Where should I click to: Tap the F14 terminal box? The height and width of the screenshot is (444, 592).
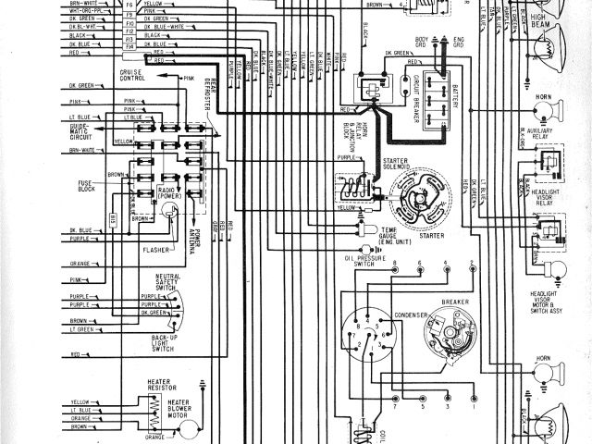click(129, 44)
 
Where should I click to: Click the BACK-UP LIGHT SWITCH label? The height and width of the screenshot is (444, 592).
click(165, 344)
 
